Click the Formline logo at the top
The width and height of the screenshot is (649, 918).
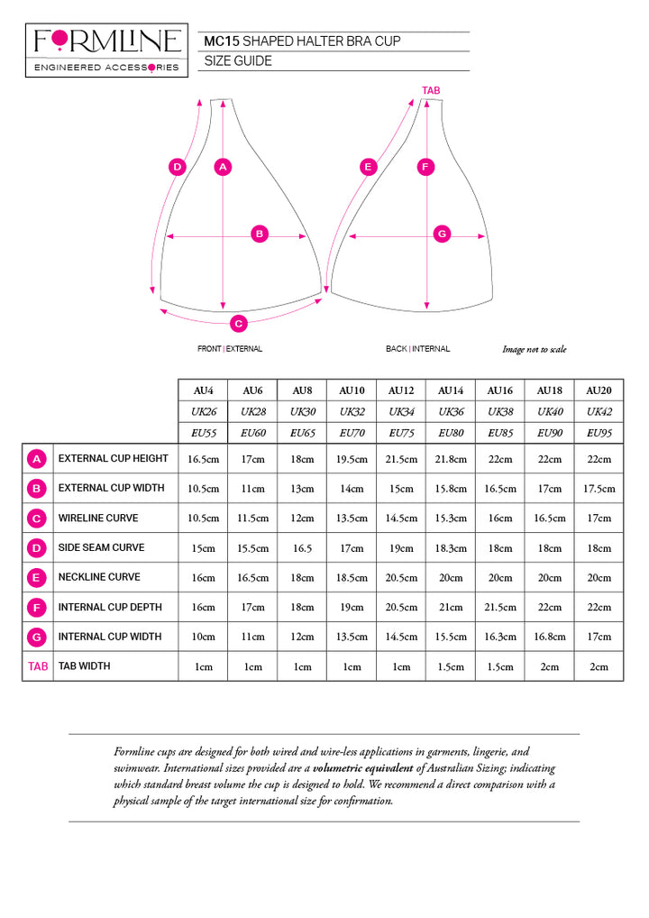point(106,50)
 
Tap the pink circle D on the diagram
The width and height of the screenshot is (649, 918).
point(178,167)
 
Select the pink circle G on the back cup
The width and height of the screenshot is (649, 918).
point(442,234)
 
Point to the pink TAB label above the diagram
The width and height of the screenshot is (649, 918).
point(431,90)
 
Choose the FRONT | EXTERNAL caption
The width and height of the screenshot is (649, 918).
point(230,349)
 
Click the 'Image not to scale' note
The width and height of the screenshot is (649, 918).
point(535,350)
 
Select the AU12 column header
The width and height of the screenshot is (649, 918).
point(401,390)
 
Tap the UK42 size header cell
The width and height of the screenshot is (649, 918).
point(599,411)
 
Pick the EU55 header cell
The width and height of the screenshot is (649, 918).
point(204,433)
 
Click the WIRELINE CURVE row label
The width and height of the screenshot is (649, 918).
point(98,519)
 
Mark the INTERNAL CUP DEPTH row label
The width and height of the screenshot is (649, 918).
point(109,607)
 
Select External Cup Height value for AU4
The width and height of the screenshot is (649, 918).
point(204,459)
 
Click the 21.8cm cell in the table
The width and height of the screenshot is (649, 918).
point(451,459)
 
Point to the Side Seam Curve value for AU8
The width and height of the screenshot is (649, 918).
point(302,548)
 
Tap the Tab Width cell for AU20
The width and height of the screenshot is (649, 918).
point(599,667)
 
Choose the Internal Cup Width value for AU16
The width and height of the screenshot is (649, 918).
point(500,638)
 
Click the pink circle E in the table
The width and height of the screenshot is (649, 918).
point(37,577)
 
